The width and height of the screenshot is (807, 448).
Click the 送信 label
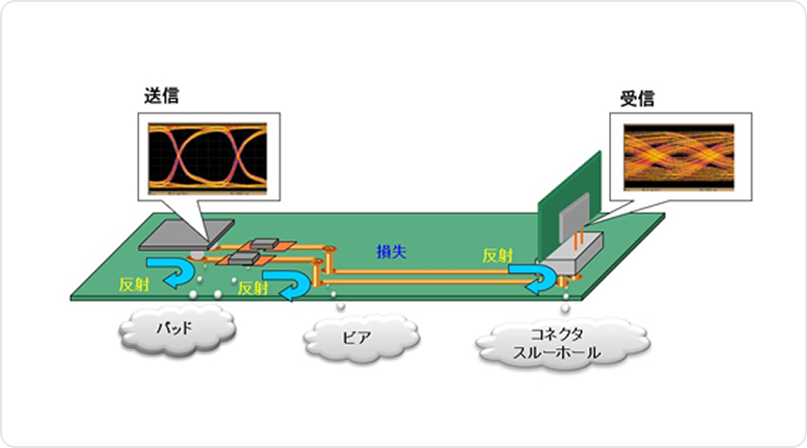[x=162, y=96]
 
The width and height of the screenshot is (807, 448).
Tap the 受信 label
[x=637, y=98]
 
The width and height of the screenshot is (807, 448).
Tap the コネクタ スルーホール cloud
[x=558, y=343]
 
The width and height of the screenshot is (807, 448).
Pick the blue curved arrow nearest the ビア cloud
[x=287, y=283]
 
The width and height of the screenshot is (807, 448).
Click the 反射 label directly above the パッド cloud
[x=132, y=287]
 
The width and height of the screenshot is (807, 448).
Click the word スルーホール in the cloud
[x=558, y=353]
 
